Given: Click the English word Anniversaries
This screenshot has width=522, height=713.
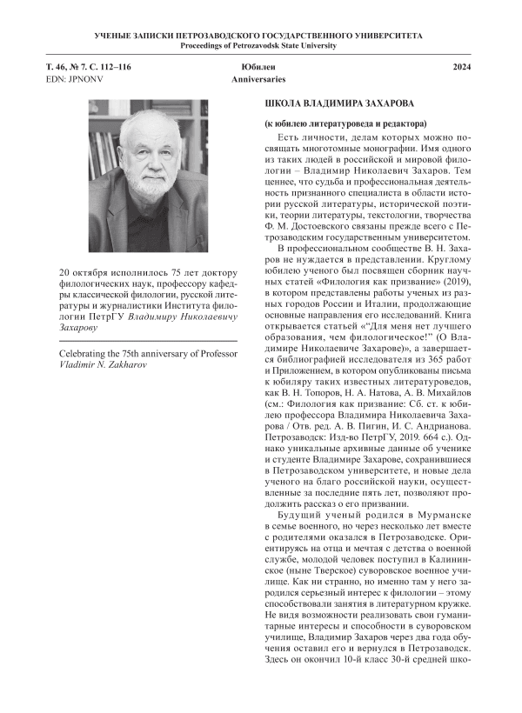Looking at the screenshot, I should point(259,79).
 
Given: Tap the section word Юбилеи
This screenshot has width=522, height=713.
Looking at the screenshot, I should point(259,67).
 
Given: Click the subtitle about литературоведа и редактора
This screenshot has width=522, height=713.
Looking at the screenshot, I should point(345,125).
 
